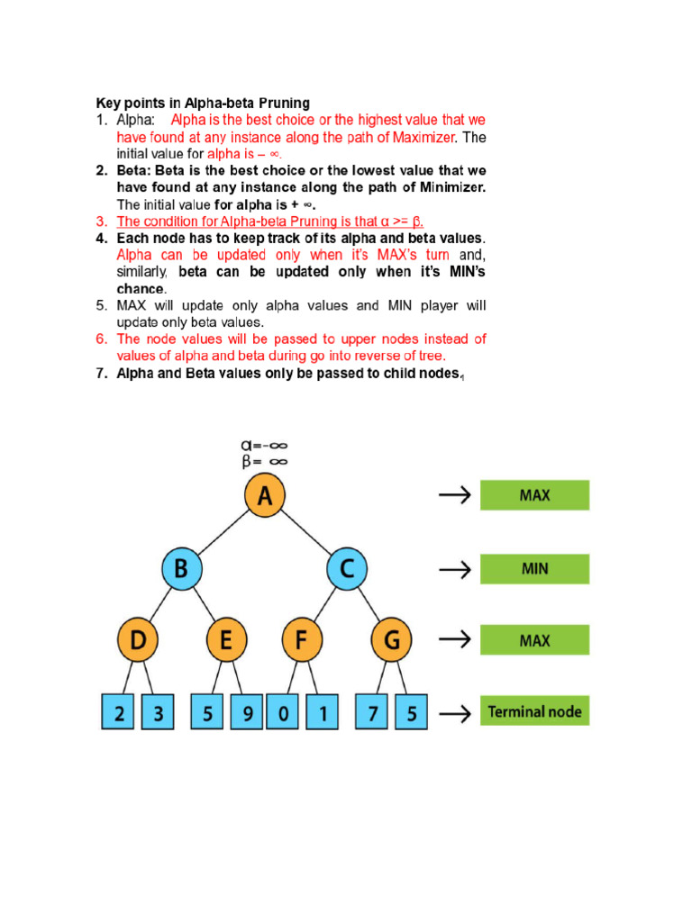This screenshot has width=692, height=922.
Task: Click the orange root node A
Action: click(x=264, y=496)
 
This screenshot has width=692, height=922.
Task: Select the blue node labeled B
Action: click(x=181, y=569)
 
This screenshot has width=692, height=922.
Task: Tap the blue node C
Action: click(x=346, y=569)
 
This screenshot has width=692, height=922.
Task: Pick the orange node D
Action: click(x=139, y=641)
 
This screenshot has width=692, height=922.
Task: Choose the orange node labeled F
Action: click(x=301, y=641)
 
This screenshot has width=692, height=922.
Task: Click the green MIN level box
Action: click(x=534, y=569)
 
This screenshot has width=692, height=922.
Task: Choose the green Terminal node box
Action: click(x=534, y=711)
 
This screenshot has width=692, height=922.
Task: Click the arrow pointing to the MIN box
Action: click(x=454, y=569)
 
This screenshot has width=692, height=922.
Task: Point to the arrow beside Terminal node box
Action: click(x=454, y=714)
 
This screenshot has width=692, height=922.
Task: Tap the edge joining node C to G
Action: click(x=369, y=605)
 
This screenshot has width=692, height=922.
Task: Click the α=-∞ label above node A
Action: click(x=263, y=445)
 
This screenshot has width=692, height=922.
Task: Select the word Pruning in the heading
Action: click(x=285, y=103)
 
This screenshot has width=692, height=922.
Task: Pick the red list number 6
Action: click(x=102, y=339)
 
